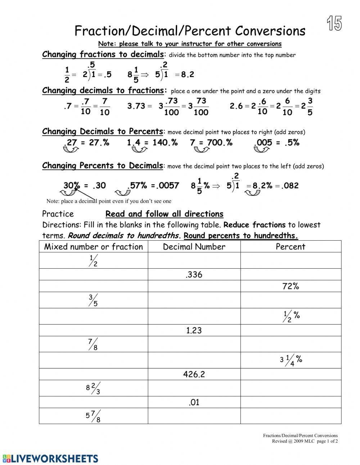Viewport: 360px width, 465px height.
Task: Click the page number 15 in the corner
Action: [x=334, y=24]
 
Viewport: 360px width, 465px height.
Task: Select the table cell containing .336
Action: [x=194, y=275]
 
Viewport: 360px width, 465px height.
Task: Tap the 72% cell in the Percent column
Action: [x=291, y=286]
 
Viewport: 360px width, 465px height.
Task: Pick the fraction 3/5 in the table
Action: [x=93, y=300]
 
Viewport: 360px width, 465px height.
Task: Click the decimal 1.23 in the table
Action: [x=194, y=330]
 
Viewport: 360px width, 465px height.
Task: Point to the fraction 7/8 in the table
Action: [x=93, y=344]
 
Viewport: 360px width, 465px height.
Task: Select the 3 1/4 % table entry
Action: [x=291, y=360]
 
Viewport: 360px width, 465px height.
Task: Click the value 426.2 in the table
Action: [x=194, y=374]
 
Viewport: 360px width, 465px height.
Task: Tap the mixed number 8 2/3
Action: [x=93, y=388]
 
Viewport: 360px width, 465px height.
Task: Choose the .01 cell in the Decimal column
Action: [x=194, y=402]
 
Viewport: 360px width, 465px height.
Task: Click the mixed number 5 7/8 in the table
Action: [x=93, y=416]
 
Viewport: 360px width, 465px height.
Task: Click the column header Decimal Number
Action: [x=194, y=247]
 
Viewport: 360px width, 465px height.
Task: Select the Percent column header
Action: [x=291, y=247]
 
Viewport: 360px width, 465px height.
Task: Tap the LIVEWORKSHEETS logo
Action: [x=50, y=459]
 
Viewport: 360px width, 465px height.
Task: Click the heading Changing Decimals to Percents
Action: [x=103, y=131]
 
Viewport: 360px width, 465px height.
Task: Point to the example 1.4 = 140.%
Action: [x=152, y=143]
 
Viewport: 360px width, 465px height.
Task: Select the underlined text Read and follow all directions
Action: [x=164, y=214]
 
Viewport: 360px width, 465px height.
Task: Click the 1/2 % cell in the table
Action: [x=291, y=316]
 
